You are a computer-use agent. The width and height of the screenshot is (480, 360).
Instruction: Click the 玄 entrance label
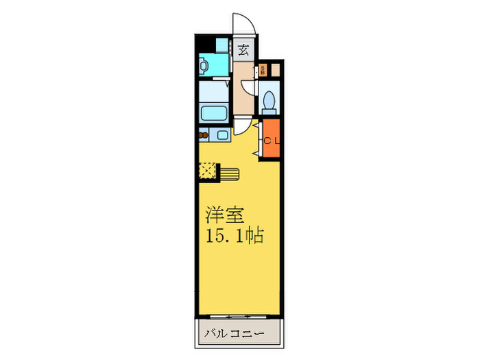coord(243,49)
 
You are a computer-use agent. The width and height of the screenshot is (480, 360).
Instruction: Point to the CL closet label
coord(272,141)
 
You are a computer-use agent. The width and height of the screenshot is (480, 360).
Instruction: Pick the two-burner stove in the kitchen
coord(204,135)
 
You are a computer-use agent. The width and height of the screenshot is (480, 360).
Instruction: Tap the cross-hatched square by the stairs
coord(207,169)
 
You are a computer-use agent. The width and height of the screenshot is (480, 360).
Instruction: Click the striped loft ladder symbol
coord(228,173)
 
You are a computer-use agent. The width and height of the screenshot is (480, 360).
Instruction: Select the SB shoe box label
coord(263,70)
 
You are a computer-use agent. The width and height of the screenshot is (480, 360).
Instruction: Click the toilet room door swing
coord(251,88)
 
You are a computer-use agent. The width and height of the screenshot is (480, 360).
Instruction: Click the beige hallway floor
coord(242,89)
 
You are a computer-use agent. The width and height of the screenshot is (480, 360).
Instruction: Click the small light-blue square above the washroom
coord(221,45)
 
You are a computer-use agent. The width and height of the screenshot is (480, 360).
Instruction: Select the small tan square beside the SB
coord(275,69)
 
